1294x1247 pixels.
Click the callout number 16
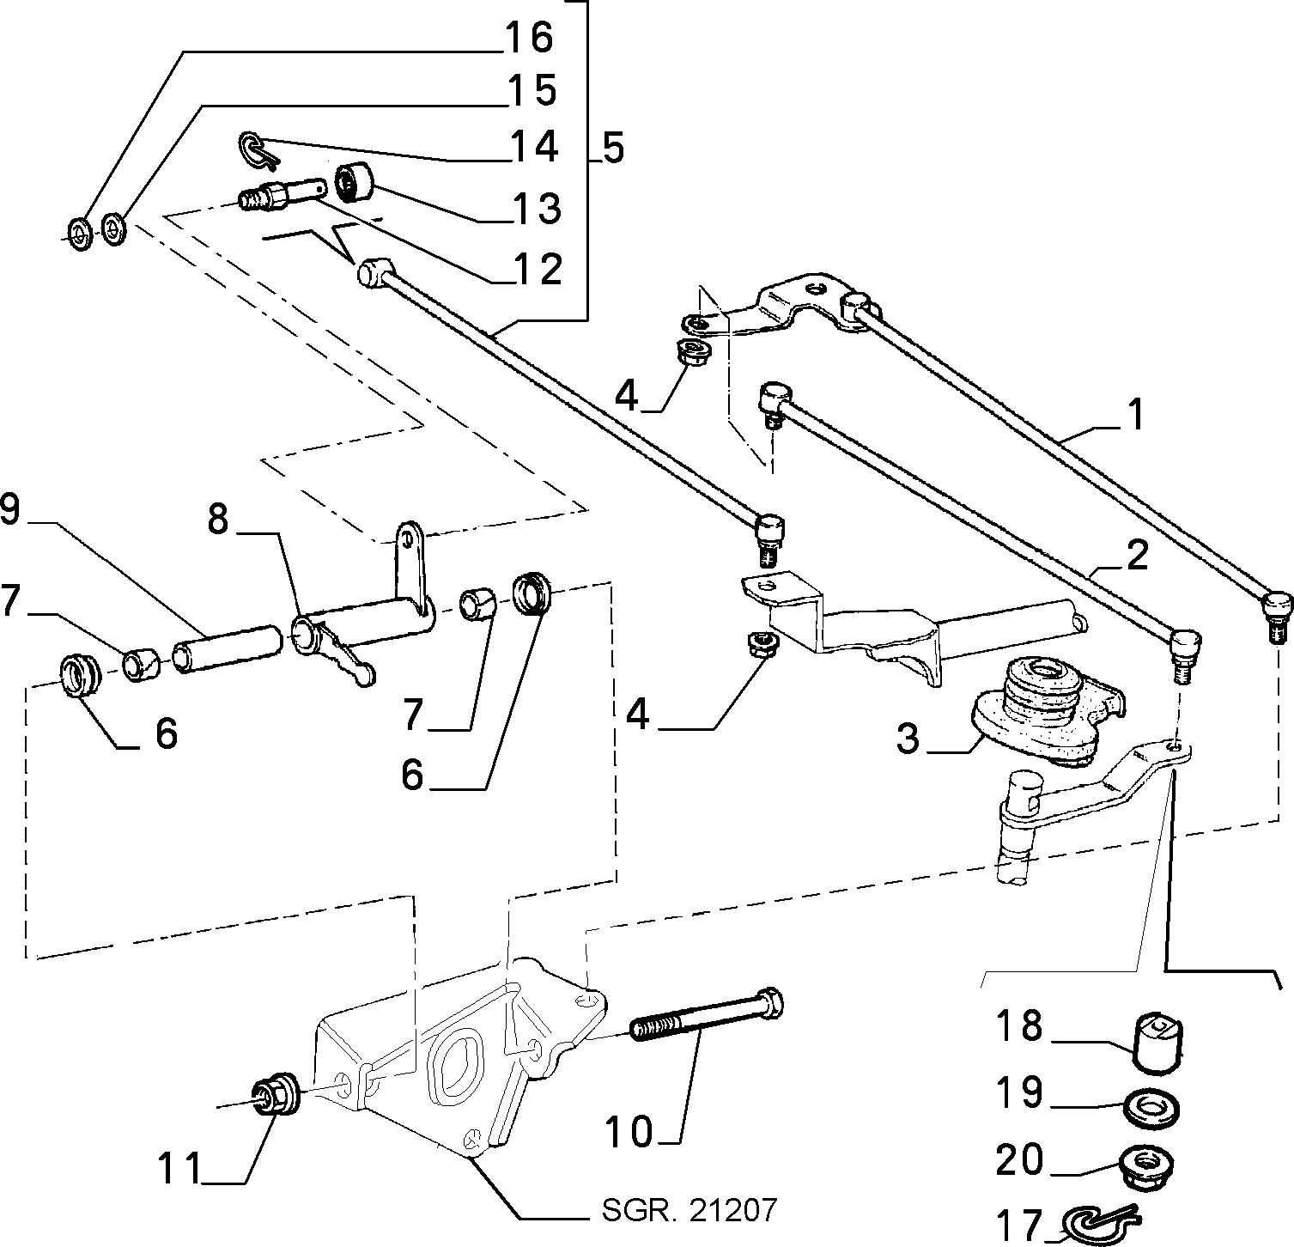(530, 37)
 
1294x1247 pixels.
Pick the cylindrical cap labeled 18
(1158, 1042)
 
